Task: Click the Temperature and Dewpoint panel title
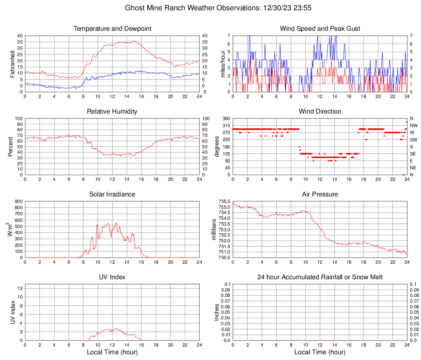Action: click(112, 29)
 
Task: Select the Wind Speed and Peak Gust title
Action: click(320, 29)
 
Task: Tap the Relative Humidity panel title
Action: click(112, 112)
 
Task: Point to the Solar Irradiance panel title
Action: click(112, 194)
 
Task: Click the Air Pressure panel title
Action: click(320, 194)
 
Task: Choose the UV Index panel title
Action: click(112, 277)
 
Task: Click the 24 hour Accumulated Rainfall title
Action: click(320, 277)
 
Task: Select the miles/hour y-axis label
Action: click(223, 64)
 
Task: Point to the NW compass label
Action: click(414, 125)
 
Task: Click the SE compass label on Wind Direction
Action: click(413, 154)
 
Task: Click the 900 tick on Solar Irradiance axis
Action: click(18, 201)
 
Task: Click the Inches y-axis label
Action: click(217, 312)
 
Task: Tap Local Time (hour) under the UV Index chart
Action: click(112, 352)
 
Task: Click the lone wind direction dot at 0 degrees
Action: click(403, 175)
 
